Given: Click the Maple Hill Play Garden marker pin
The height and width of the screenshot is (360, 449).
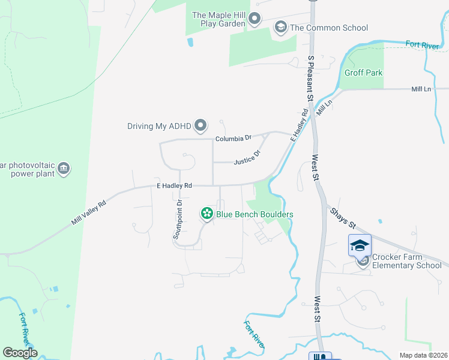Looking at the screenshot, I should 255,19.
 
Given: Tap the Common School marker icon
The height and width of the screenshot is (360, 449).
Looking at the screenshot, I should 280,27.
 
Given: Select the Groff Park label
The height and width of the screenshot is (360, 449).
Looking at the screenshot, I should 363,73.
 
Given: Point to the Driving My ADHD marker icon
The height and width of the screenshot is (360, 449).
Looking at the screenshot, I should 201,126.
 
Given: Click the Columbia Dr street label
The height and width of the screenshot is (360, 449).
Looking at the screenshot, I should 234,139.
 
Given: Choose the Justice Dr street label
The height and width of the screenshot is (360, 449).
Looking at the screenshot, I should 247,157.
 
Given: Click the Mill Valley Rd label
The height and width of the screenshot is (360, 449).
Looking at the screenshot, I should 89,212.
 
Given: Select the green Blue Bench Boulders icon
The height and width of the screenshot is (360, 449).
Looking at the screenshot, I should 206,214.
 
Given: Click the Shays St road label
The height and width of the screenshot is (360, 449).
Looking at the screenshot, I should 342,218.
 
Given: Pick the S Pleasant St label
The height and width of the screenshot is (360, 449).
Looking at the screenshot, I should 311,78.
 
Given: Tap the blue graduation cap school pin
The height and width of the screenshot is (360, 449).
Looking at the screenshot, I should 359,245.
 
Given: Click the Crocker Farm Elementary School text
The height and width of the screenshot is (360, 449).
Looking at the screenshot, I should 407,261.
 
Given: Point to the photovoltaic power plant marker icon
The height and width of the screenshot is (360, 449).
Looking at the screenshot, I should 64,169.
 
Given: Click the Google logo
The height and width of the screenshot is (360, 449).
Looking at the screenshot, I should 20,353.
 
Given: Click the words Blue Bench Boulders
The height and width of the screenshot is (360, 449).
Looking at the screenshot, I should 255,214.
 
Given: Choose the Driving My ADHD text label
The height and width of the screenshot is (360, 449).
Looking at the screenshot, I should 158,126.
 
